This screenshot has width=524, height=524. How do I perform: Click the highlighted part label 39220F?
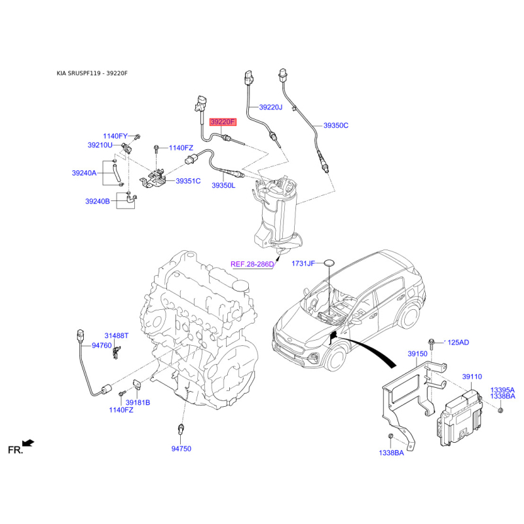223,122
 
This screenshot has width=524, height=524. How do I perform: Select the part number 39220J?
271,107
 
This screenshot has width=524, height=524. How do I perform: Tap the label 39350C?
336,125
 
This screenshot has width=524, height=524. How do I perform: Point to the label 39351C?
188,181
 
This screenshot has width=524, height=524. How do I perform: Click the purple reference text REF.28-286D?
252,265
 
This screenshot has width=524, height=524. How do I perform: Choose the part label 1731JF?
303,264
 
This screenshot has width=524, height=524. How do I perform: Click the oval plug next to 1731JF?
329,263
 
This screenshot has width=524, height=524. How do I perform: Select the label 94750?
181,449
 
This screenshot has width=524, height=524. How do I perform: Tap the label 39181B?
138,403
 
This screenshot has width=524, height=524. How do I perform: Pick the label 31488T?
117,335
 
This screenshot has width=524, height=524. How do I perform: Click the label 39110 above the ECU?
472,377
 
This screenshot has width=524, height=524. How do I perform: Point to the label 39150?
417,354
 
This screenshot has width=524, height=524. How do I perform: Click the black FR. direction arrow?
28,443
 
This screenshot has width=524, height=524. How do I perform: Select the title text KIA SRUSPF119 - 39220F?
92,73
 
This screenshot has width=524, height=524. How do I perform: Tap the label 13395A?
502,390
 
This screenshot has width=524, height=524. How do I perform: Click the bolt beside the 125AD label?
431,344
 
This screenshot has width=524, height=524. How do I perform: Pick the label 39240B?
97,201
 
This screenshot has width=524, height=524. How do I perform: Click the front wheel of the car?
335,358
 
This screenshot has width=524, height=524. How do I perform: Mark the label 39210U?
100,145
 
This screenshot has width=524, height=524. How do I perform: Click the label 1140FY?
115,136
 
